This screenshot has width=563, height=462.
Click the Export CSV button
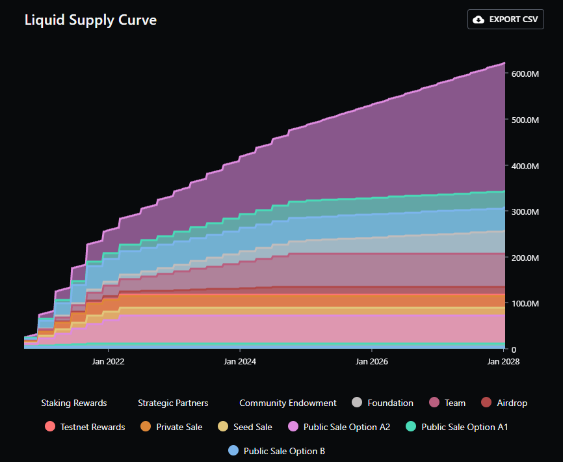(x=505, y=20)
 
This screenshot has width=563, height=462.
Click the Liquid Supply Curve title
(x=90, y=20)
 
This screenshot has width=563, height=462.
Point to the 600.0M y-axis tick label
(x=525, y=74)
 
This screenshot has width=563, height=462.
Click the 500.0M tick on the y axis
(x=525, y=120)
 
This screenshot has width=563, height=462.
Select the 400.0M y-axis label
(x=525, y=166)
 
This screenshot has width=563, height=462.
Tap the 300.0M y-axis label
(x=525, y=212)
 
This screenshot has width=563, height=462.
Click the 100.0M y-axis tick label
(x=525, y=304)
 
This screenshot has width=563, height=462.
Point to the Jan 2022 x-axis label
(x=108, y=361)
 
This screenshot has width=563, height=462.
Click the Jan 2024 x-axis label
(x=240, y=361)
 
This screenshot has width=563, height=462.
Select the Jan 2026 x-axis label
(x=371, y=361)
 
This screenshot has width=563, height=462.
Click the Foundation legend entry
(x=382, y=403)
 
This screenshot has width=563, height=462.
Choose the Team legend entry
(x=447, y=403)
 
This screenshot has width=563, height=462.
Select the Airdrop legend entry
(x=504, y=403)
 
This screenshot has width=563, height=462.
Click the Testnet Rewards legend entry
(x=85, y=427)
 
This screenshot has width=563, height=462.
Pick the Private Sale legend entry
(x=171, y=427)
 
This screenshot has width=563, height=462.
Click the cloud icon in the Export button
(x=478, y=20)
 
